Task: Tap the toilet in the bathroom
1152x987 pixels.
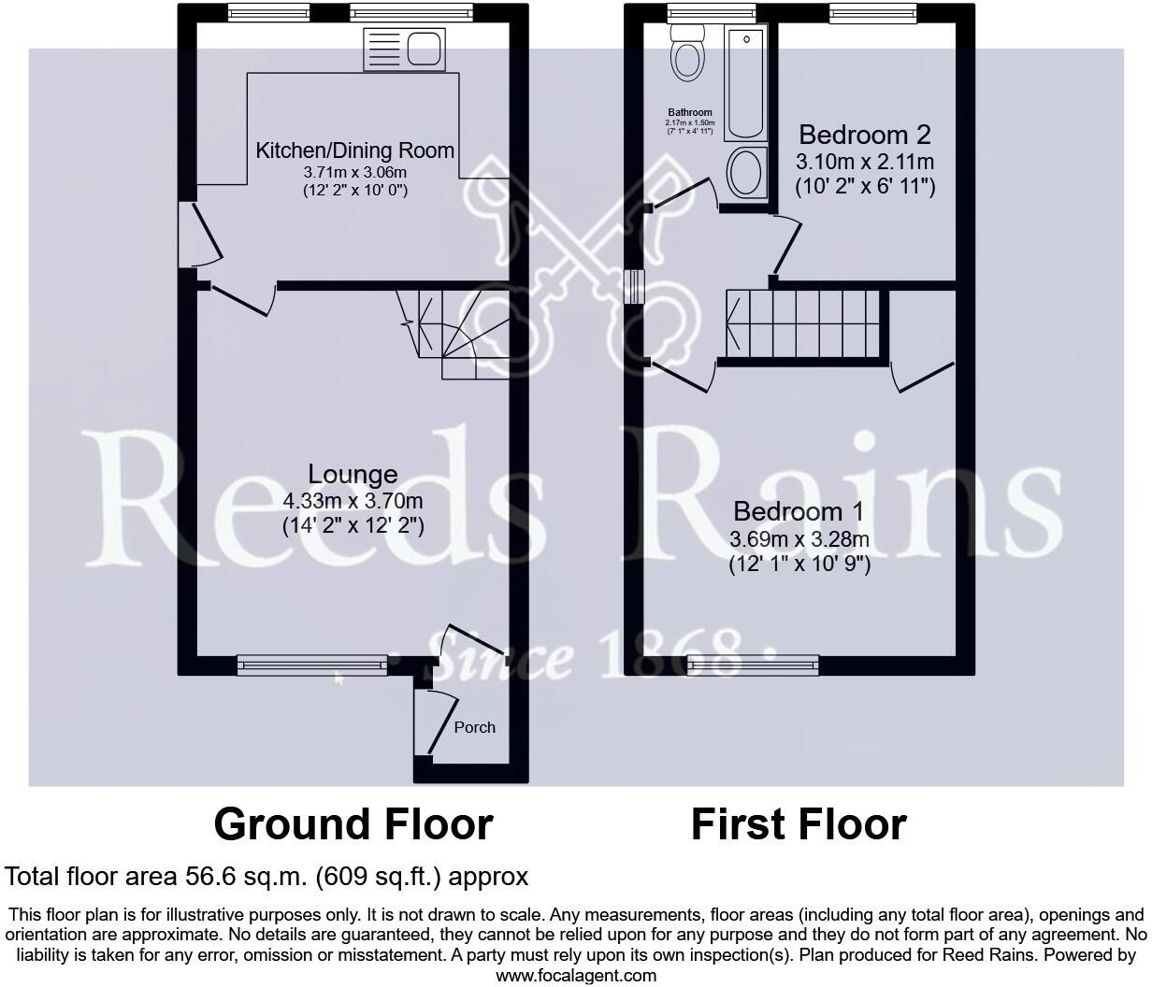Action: [688, 50]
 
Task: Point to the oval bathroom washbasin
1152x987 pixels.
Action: [745, 173]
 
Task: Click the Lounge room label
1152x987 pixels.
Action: [353, 475]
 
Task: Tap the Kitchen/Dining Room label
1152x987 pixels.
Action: [355, 150]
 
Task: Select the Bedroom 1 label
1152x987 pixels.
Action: [799, 511]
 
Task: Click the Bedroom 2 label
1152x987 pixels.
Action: [865, 135]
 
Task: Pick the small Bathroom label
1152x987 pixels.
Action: [690, 112]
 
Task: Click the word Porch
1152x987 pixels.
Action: [474, 727]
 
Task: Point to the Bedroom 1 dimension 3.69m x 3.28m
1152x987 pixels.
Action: [799, 539]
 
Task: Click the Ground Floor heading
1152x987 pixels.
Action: [353, 824]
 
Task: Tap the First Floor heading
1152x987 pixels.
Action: [799, 824]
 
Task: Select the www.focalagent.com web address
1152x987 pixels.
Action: [576, 976]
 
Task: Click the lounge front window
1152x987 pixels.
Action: [311, 665]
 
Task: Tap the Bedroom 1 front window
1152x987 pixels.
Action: [753, 665]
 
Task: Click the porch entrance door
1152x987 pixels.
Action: [433, 722]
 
